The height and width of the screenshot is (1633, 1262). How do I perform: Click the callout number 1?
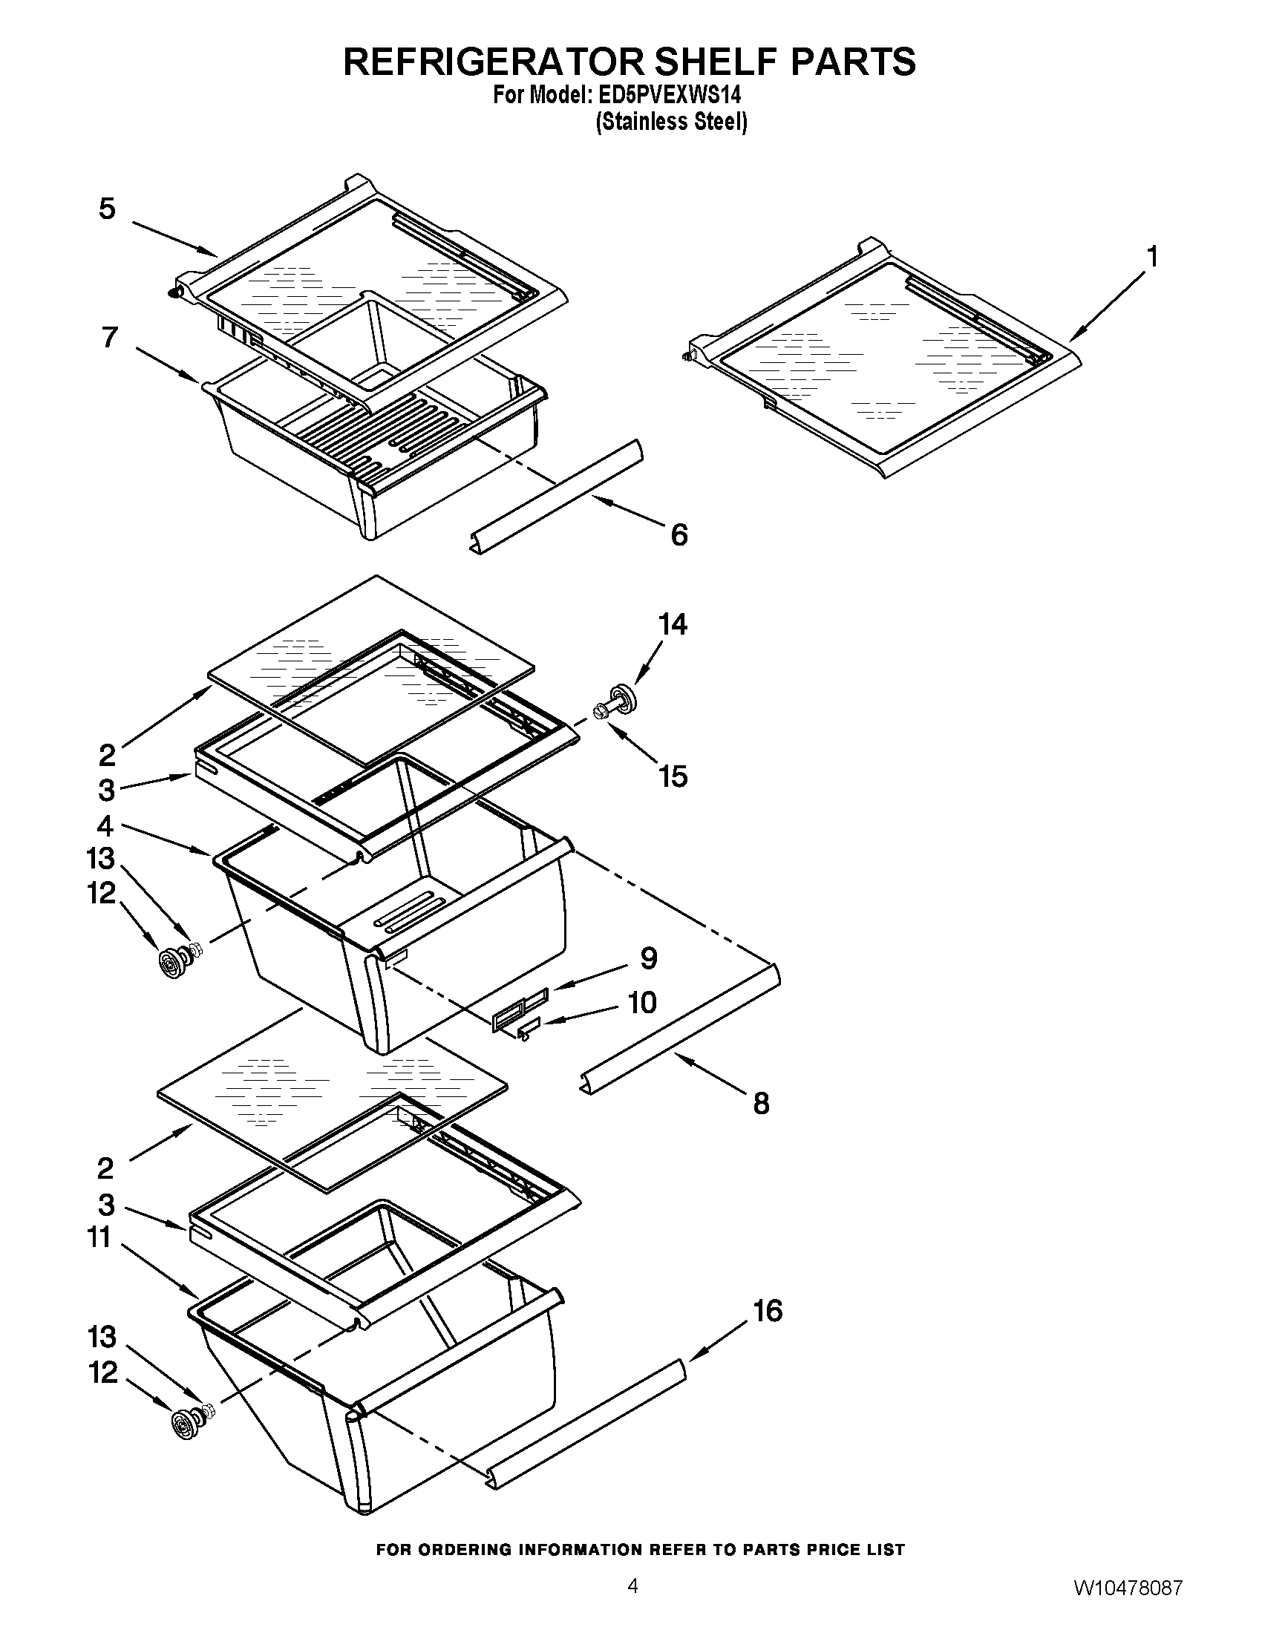coord(1152,257)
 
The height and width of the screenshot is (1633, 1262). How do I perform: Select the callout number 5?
coord(108,209)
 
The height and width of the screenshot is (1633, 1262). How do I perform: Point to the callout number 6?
coord(679,534)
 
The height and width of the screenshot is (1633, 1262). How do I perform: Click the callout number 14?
coord(673,624)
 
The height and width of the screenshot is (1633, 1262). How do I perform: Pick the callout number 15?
coord(673,776)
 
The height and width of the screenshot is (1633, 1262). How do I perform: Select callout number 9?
coord(648,958)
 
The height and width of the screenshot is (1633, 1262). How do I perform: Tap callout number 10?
coord(641,1003)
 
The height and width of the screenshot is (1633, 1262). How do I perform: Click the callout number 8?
coord(761,1103)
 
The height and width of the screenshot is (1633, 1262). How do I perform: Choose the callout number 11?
coord(100,1237)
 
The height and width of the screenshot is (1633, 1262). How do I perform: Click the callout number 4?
coord(105,826)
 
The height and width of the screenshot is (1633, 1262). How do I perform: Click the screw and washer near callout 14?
coord(615,702)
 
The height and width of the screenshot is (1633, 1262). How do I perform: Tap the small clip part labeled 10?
coord(526,1032)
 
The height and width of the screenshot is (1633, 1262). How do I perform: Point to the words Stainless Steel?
coord(671,122)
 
